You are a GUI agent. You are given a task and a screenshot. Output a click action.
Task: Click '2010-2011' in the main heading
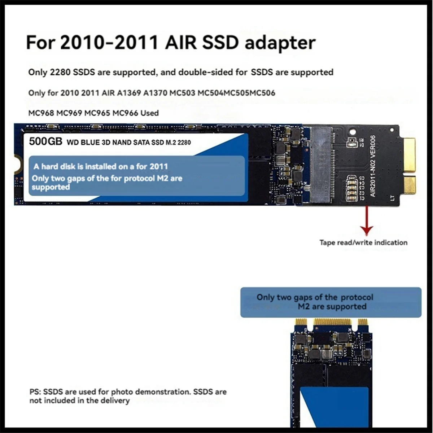109,43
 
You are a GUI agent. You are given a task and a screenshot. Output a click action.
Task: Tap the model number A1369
129,93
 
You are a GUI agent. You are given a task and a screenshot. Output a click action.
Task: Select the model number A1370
156,93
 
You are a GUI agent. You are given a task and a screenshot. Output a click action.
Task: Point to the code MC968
41,113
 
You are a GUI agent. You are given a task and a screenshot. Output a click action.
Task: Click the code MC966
125,113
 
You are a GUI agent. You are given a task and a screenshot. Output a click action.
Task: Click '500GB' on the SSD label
45,141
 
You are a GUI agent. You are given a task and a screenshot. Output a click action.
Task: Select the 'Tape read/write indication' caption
363,243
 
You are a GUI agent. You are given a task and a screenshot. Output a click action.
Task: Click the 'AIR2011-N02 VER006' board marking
373,166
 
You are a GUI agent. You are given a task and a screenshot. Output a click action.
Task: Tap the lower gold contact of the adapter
410,185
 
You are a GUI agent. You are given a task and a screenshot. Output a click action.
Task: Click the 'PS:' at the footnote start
36,392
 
